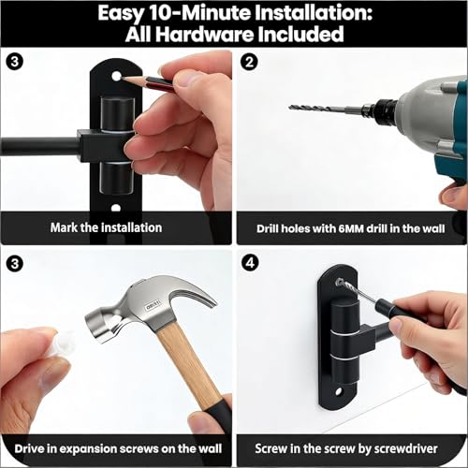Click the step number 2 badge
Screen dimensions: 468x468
tap(249, 62)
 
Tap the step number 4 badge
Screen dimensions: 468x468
tap(250, 263)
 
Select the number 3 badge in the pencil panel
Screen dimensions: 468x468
tap(14, 62)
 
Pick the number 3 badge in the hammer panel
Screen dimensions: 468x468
tap(14, 264)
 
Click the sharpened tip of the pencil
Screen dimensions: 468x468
tap(123, 77)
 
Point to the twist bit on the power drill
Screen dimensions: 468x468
tap(326, 109)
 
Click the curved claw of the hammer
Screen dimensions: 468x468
tap(194, 295)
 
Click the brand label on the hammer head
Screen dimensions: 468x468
tap(153, 306)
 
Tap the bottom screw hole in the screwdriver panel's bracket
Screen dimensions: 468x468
tap(339, 391)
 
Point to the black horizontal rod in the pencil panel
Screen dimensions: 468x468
tap(40, 146)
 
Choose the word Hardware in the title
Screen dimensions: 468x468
tap(204, 34)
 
